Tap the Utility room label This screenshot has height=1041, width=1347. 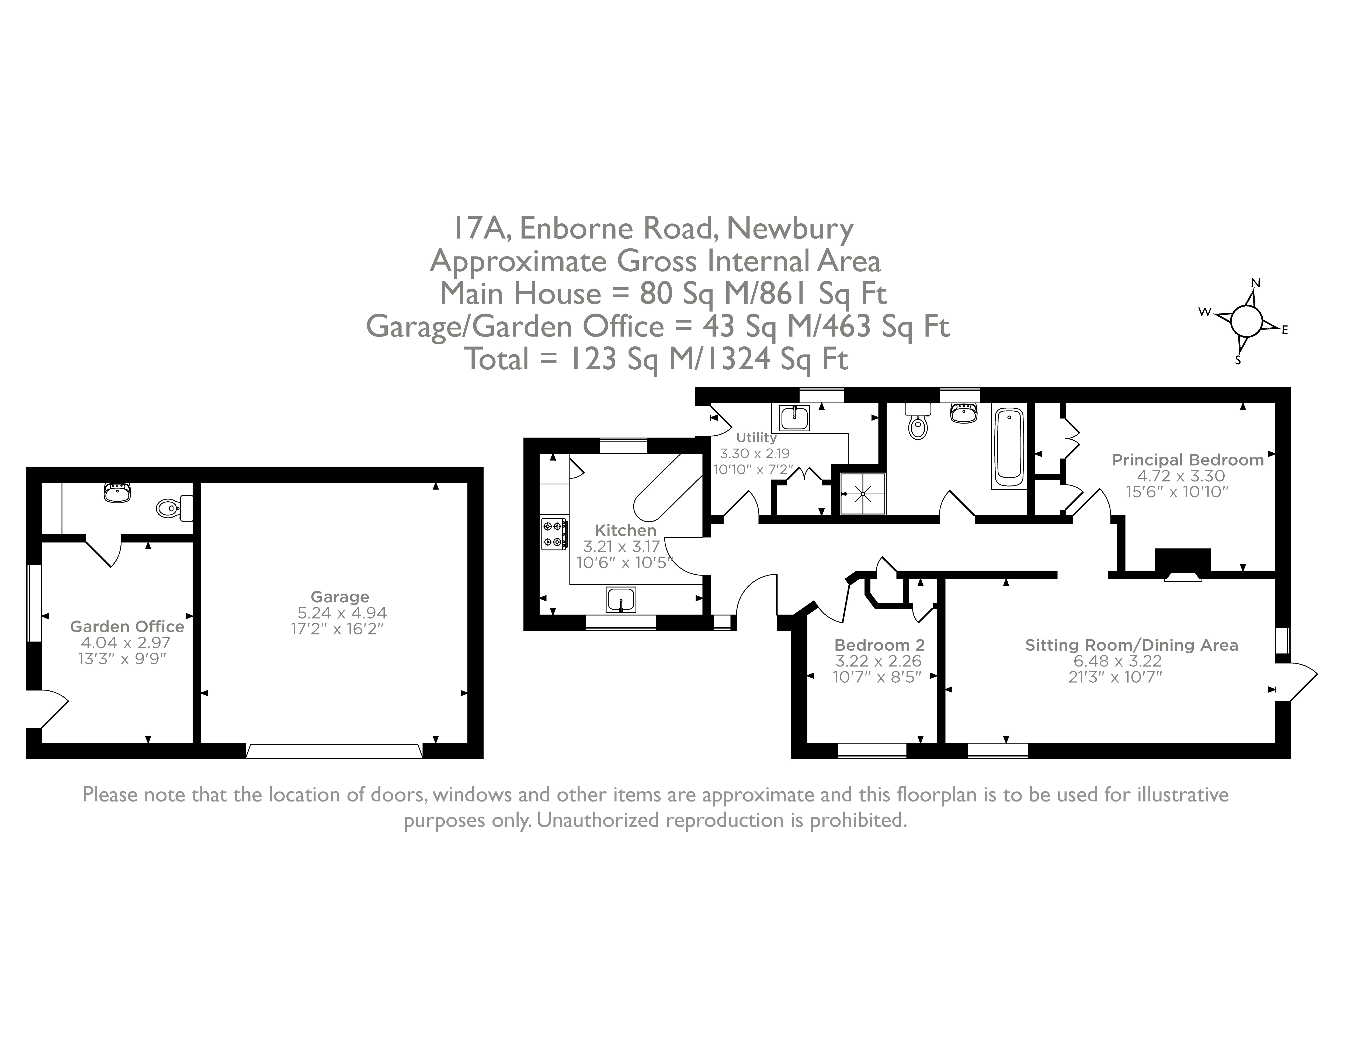[756, 437]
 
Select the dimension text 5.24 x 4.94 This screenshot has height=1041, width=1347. [342, 612]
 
